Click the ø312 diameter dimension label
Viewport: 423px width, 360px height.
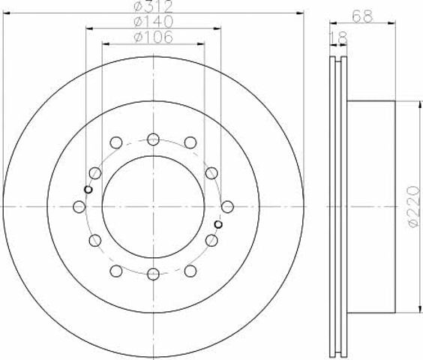153,7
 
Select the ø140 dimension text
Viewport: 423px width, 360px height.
153,22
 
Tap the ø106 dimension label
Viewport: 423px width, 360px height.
153,37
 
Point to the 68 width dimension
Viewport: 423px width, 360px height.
362,16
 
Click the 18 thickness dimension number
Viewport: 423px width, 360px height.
338,37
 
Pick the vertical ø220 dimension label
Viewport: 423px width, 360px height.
414,207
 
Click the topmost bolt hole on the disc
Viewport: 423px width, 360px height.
153,139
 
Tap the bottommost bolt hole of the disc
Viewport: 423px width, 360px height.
153,274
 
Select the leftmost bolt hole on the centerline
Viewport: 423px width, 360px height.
79,207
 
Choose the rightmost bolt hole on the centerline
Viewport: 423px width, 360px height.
227,207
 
